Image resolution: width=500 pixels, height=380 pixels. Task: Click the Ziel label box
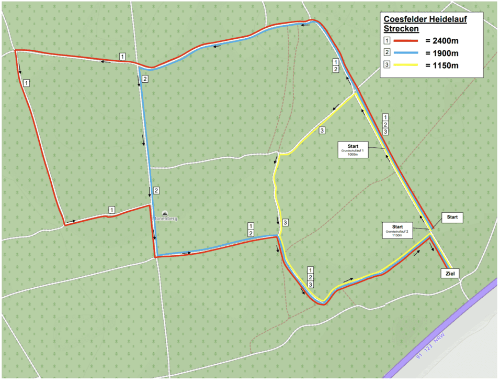pyautogui.click(x=449, y=273)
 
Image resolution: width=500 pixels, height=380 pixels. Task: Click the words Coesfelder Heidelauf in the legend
pyautogui.click(x=425, y=19)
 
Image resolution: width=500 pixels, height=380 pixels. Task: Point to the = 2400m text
pyautogui.click(x=441, y=40)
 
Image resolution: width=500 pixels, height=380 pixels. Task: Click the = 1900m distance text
pyautogui.click(x=441, y=53)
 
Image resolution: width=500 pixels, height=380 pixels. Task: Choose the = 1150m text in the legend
pyautogui.click(x=441, y=66)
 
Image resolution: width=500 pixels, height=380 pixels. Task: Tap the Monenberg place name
pyautogui.click(x=165, y=219)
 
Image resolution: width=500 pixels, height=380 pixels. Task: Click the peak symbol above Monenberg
pyautogui.click(x=165, y=213)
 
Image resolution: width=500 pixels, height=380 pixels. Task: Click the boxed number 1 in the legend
pyautogui.click(x=387, y=40)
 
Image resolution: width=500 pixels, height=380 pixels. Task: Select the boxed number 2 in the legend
pyautogui.click(x=387, y=53)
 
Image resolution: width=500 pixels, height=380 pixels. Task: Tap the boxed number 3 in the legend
pyautogui.click(x=387, y=66)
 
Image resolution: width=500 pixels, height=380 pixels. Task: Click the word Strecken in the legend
pyautogui.click(x=401, y=28)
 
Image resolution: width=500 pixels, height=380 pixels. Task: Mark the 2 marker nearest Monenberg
pyautogui.click(x=156, y=190)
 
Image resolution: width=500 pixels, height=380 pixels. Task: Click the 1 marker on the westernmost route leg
pyautogui.click(x=26, y=83)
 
